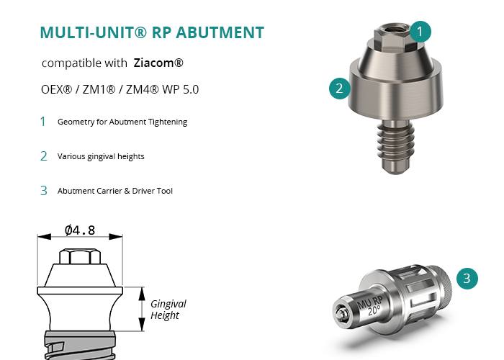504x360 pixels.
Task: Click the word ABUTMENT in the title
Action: (x=220, y=32)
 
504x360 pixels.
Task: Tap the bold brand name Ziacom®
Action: (x=158, y=63)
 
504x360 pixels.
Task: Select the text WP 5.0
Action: (x=180, y=89)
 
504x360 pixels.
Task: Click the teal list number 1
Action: (x=42, y=122)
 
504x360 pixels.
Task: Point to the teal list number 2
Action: (x=43, y=156)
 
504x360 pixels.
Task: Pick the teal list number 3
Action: (x=43, y=191)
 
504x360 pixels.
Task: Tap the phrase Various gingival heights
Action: (x=101, y=156)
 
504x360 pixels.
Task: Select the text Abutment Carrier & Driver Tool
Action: (x=115, y=191)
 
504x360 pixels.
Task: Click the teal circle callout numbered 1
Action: (x=420, y=32)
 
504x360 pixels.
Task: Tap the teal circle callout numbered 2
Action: (x=339, y=89)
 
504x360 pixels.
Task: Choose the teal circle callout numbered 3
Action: (x=467, y=279)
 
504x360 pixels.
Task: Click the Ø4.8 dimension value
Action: (x=80, y=230)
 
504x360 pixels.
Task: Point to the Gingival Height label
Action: (x=168, y=309)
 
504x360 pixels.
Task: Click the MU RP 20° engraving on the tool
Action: (x=370, y=306)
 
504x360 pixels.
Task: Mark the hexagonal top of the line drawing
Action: (x=80, y=256)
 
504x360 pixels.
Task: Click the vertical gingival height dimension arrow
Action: (x=142, y=309)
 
